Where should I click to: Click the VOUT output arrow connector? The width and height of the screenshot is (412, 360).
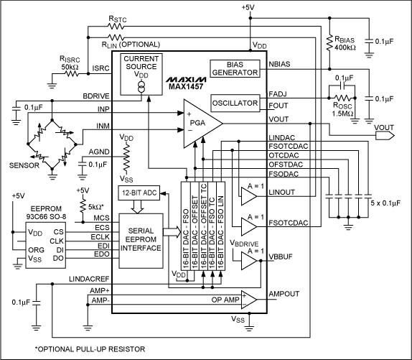coord(383,134)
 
